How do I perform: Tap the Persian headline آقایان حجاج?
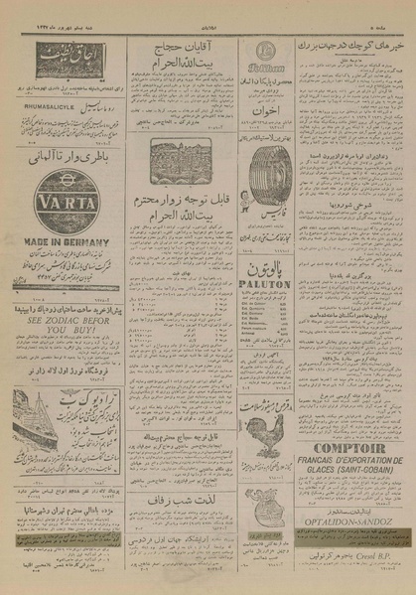pyautogui.click(x=188, y=47)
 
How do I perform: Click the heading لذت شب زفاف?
pyautogui.click(x=186, y=503)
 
